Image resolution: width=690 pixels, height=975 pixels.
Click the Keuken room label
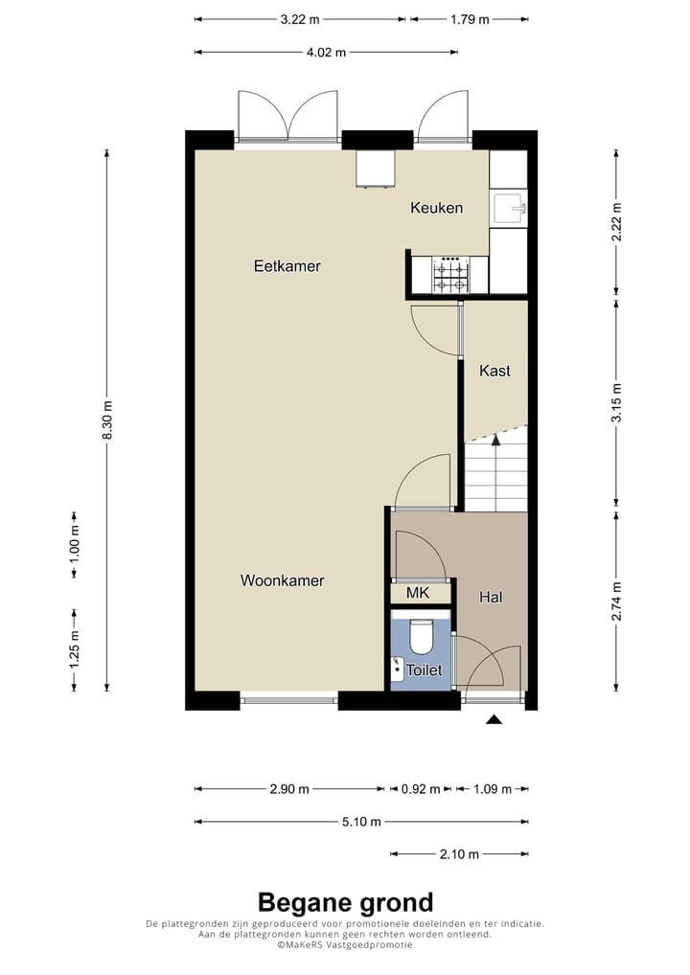pyautogui.click(x=437, y=208)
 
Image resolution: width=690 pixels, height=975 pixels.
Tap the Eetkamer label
pyautogui.click(x=287, y=266)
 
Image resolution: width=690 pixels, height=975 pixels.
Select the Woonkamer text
pyautogui.click(x=282, y=580)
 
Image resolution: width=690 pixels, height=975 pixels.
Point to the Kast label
pyautogui.click(x=494, y=371)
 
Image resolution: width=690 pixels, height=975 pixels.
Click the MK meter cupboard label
pyautogui.click(x=417, y=594)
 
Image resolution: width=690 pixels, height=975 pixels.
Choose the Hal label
pyautogui.click(x=491, y=597)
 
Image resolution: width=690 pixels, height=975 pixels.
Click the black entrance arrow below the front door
pyautogui.click(x=494, y=720)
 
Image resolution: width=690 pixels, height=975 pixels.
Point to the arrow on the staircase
pyautogui.click(x=495, y=440)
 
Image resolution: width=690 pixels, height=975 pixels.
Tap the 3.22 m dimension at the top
pyautogui.click(x=300, y=19)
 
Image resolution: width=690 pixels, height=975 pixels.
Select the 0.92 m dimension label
pyautogui.click(x=420, y=789)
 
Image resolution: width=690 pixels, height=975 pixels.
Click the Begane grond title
pyautogui.click(x=345, y=902)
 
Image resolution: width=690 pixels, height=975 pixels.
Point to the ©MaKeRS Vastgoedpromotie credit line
pyautogui.click(x=345, y=944)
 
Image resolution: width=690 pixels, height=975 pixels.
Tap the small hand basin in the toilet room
pyautogui.click(x=397, y=665)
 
